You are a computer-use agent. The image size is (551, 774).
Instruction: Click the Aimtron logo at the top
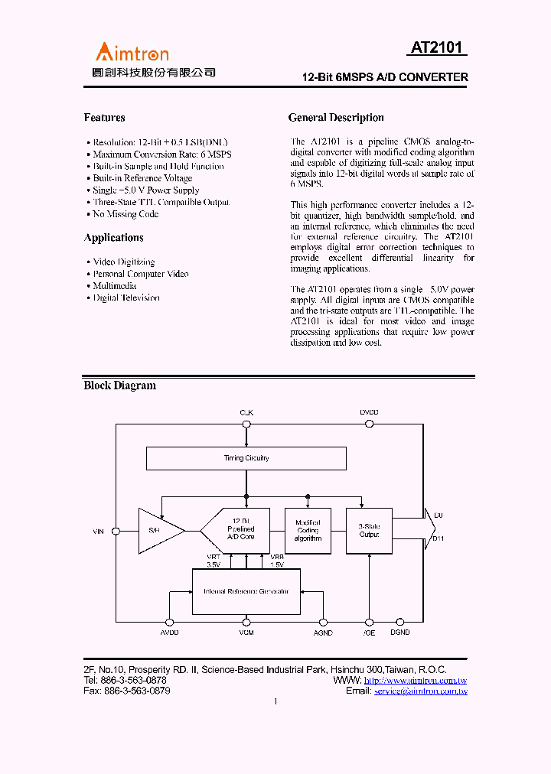point(132,52)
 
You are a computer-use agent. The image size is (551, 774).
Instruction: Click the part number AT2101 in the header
point(436,48)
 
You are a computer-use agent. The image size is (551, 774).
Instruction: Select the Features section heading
point(104,118)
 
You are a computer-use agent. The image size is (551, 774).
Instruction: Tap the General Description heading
point(336,118)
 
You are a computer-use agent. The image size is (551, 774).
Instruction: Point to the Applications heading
point(113,238)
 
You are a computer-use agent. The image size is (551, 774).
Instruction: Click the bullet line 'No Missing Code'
point(126,214)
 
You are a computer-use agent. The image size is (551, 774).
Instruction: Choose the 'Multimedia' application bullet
point(115,285)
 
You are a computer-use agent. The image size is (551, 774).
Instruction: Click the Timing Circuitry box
point(246,458)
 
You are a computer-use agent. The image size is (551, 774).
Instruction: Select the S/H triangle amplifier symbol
point(157,530)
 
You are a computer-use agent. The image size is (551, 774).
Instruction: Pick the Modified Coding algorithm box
point(308,530)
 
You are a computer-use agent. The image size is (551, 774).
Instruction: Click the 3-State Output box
point(369,530)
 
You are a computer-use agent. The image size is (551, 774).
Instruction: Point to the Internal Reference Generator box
point(246,591)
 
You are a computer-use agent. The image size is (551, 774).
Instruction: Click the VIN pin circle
point(116,531)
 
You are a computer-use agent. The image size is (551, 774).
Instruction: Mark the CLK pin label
point(246,412)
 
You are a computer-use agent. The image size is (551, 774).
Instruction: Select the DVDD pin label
point(369,412)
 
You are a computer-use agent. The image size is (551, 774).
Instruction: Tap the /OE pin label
point(369,633)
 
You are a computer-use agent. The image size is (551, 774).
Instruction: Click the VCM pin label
point(246,633)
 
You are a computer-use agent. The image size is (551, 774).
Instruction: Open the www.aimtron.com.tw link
point(416,681)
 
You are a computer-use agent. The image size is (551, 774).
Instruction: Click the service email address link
point(420,691)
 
